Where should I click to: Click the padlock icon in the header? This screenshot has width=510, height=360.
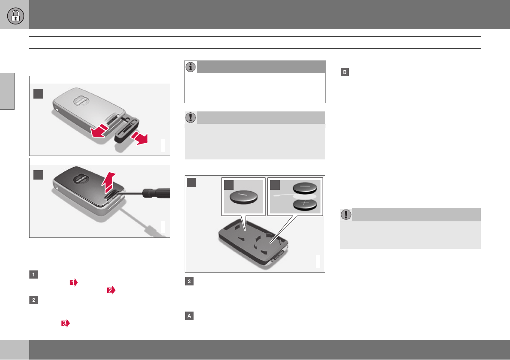coord(15,15)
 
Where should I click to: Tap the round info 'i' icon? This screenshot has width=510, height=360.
coord(191,67)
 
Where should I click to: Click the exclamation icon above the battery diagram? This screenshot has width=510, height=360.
coord(191,117)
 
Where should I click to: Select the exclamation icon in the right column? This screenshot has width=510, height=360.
coord(346,214)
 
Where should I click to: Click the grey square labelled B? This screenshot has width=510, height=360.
coord(345,72)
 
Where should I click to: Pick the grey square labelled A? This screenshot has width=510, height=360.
coord(189,316)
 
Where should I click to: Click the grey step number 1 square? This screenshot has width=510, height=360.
coord(33,274)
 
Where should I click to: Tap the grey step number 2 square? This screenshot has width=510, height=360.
coord(33,300)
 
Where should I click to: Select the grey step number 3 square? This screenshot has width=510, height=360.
coord(189,281)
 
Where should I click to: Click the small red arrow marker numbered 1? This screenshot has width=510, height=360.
coord(74,282)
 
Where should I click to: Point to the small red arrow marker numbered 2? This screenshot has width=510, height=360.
coord(111,290)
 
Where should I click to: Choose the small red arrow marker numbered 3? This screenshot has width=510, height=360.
coord(66,323)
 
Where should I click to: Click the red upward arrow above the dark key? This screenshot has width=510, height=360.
coord(108,182)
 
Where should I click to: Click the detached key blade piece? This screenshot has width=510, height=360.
coord(127,130)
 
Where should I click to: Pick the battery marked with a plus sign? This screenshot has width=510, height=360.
coord(305,204)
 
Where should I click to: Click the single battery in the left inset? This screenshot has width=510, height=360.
coord(243,196)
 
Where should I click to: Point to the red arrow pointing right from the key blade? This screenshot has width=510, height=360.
coord(140,138)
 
